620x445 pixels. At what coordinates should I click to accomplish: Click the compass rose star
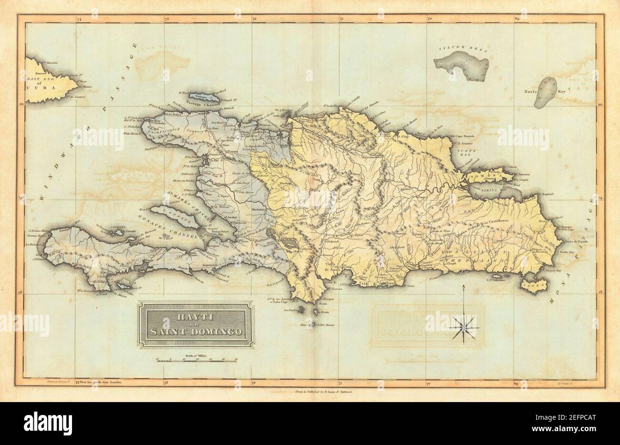pyautogui.click(x=464, y=328)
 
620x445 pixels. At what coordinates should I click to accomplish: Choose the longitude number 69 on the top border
pyautogui.click(x=517, y=19)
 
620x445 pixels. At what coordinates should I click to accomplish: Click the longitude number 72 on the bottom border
pyautogui.click(x=255, y=382)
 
